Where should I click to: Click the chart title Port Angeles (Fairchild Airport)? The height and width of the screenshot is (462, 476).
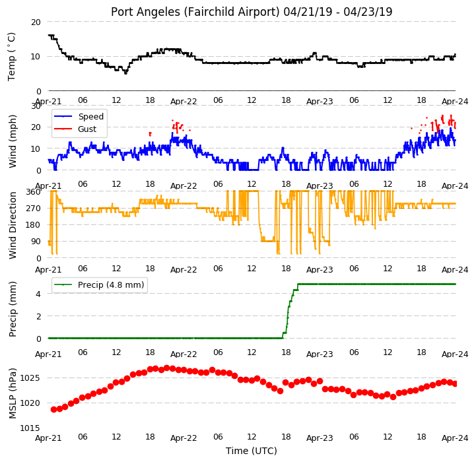click(195, 12)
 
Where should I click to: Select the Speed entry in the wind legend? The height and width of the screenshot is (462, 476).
click(90, 117)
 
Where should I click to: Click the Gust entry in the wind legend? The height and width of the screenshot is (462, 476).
click(87, 129)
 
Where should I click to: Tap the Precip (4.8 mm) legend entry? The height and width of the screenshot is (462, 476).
click(111, 284)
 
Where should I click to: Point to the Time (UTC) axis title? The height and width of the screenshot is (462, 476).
click(252, 451)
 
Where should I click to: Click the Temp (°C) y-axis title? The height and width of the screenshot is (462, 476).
click(11, 57)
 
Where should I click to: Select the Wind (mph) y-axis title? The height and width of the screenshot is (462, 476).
click(12, 141)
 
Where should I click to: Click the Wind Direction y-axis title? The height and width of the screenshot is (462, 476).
click(12, 225)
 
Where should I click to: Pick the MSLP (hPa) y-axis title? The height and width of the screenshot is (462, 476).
click(12, 393)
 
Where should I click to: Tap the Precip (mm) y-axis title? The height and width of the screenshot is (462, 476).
click(12, 309)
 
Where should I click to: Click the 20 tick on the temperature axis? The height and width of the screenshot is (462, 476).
click(36, 22)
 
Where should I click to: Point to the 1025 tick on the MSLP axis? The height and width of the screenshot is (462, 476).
click(30, 378)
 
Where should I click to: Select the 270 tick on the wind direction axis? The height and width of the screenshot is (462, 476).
click(34, 209)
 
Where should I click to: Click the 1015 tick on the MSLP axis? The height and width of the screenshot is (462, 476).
click(30, 428)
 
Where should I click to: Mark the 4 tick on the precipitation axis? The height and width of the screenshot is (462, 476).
click(38, 294)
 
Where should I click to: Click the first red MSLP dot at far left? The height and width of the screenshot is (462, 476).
click(53, 409)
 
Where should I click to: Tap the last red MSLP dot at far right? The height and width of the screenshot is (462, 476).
click(455, 384)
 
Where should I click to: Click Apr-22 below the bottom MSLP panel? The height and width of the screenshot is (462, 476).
click(184, 438)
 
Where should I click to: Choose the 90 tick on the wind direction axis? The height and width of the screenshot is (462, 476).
click(36, 242)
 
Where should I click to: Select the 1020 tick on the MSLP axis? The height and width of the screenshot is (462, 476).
click(30, 403)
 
